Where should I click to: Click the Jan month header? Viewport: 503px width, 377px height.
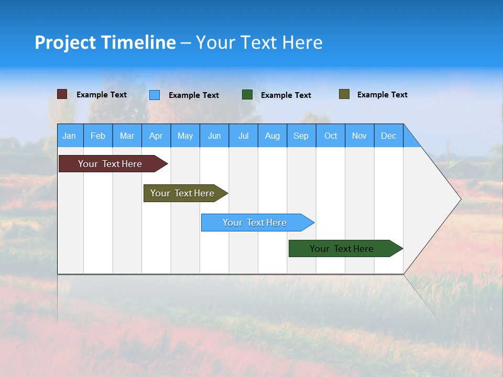click(70, 136)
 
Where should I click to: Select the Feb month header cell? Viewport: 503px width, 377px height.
click(98, 136)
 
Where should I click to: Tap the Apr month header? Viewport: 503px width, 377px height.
click(156, 136)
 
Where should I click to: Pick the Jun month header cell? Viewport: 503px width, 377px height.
click(214, 136)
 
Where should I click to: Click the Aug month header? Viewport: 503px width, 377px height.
click(272, 136)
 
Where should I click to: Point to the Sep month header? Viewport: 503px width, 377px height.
click(301, 136)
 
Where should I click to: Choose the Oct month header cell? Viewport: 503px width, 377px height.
click(331, 136)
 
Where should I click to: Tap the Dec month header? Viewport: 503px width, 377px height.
click(389, 136)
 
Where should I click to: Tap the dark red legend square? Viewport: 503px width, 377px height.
click(62, 94)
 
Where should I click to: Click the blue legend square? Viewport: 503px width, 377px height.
click(155, 95)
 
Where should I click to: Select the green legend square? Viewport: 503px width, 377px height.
click(247, 95)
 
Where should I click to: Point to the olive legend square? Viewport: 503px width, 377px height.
click(344, 94)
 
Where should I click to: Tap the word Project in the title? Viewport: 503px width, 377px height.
click(65, 42)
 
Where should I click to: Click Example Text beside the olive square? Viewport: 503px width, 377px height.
click(382, 95)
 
